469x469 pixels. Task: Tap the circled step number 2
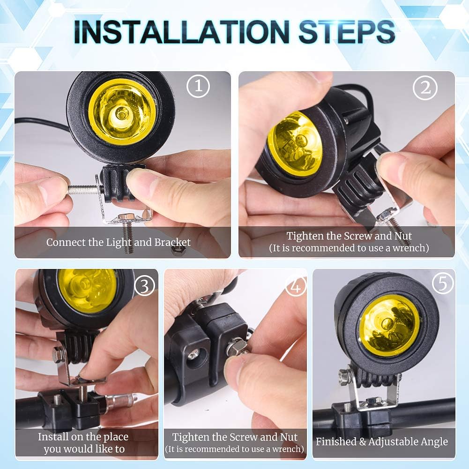coord(425,88)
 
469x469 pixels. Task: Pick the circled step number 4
coord(296,285)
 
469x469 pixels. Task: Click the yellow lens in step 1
coord(122,111)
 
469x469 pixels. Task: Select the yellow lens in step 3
coord(88,290)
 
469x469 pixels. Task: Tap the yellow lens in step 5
coord(389,326)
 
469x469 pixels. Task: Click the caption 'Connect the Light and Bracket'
coord(119,243)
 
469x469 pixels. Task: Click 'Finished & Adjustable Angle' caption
coord(382,441)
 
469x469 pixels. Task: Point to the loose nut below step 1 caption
coord(178,249)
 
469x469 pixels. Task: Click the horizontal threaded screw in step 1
coord(83,189)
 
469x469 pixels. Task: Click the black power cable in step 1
coord(42,124)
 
